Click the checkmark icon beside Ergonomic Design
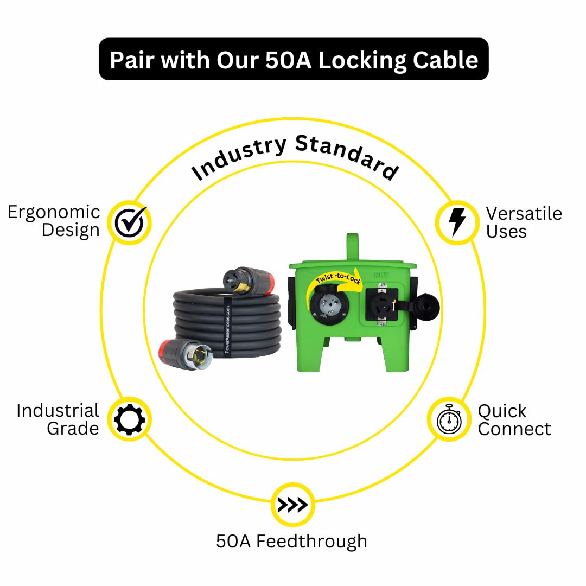[x=130, y=222]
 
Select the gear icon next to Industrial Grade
[x=130, y=419]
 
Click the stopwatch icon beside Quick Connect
[x=449, y=419]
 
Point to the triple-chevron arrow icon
[x=292, y=505]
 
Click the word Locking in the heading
[x=362, y=60]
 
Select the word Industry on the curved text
[x=239, y=157]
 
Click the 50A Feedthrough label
[x=291, y=541]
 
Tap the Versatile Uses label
[x=523, y=222]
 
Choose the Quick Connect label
[x=513, y=419]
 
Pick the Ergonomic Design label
[x=54, y=221]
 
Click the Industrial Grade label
[x=58, y=419]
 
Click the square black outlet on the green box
[x=382, y=303]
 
